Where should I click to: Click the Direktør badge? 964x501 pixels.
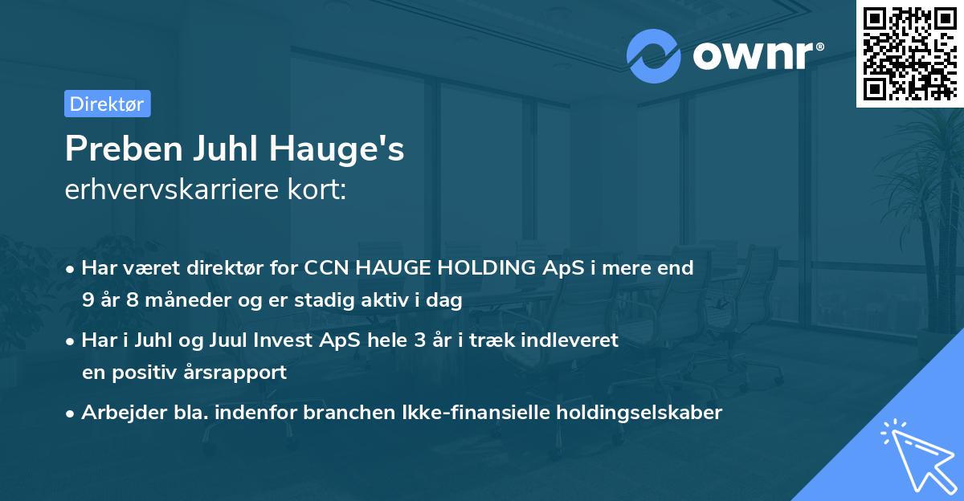pos(107,104)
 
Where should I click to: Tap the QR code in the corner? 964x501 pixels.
pos(909,53)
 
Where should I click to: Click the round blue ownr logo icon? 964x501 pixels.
pos(654,55)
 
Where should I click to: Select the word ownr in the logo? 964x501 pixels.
pos(753,55)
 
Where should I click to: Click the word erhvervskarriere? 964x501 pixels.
pos(180,190)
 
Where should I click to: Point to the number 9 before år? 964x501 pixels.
pos(88,301)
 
